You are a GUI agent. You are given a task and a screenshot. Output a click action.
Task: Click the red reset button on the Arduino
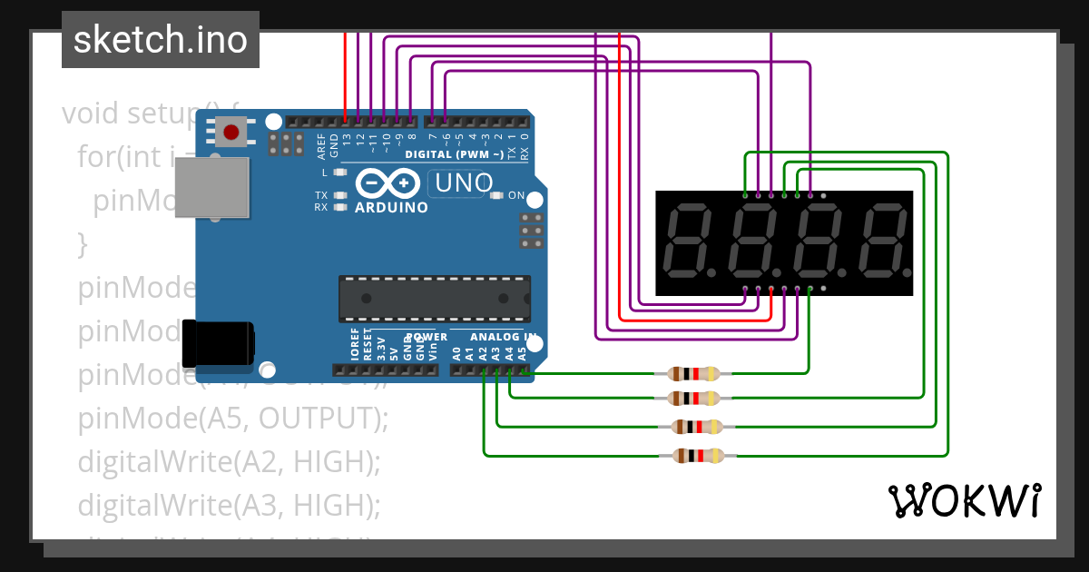[x=231, y=133]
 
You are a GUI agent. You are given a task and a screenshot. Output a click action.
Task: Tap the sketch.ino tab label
[x=161, y=40]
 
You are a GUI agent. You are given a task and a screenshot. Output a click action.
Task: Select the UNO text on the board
[x=464, y=182]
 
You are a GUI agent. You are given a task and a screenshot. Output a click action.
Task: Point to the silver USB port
[x=211, y=187]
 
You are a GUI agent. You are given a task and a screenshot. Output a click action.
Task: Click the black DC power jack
[x=218, y=343]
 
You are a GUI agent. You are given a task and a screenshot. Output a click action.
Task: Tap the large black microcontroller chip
[x=435, y=298]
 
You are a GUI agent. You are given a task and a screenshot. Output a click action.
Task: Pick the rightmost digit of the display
[x=886, y=242]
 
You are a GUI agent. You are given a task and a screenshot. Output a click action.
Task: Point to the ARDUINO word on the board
[x=391, y=207]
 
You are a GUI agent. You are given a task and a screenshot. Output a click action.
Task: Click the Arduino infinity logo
[x=391, y=183]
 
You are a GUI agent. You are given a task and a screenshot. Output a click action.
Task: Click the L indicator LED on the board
[x=341, y=172]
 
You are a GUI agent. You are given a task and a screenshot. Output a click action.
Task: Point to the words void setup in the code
[x=132, y=114]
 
